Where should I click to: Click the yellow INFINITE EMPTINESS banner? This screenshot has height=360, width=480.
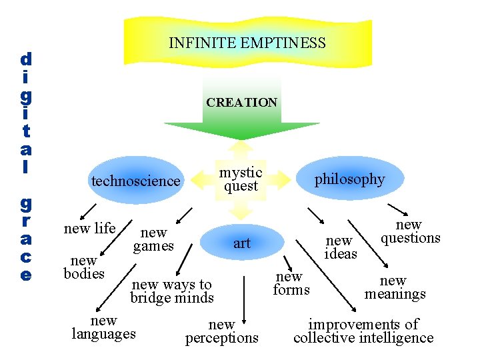247,44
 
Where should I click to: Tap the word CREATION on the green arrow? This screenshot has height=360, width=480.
241,103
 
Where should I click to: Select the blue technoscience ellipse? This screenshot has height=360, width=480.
136,181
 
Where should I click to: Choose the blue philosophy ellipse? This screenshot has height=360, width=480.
349,179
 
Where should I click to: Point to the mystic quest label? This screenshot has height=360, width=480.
241,179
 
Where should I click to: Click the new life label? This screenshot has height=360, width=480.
89,229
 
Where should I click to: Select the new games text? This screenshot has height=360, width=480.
153,239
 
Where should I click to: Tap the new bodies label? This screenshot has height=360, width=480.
84,267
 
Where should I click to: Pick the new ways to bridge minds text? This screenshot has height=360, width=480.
172,291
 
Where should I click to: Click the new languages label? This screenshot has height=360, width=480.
103,327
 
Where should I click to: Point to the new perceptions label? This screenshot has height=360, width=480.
221,331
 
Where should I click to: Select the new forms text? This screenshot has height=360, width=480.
291,283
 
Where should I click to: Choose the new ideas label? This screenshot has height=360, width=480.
341,247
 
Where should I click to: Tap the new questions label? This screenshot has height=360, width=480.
410,232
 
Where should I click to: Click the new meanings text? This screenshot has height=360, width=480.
395,287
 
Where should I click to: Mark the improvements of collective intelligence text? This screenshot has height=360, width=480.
363,331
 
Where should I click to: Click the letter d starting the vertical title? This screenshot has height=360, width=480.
25,59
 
